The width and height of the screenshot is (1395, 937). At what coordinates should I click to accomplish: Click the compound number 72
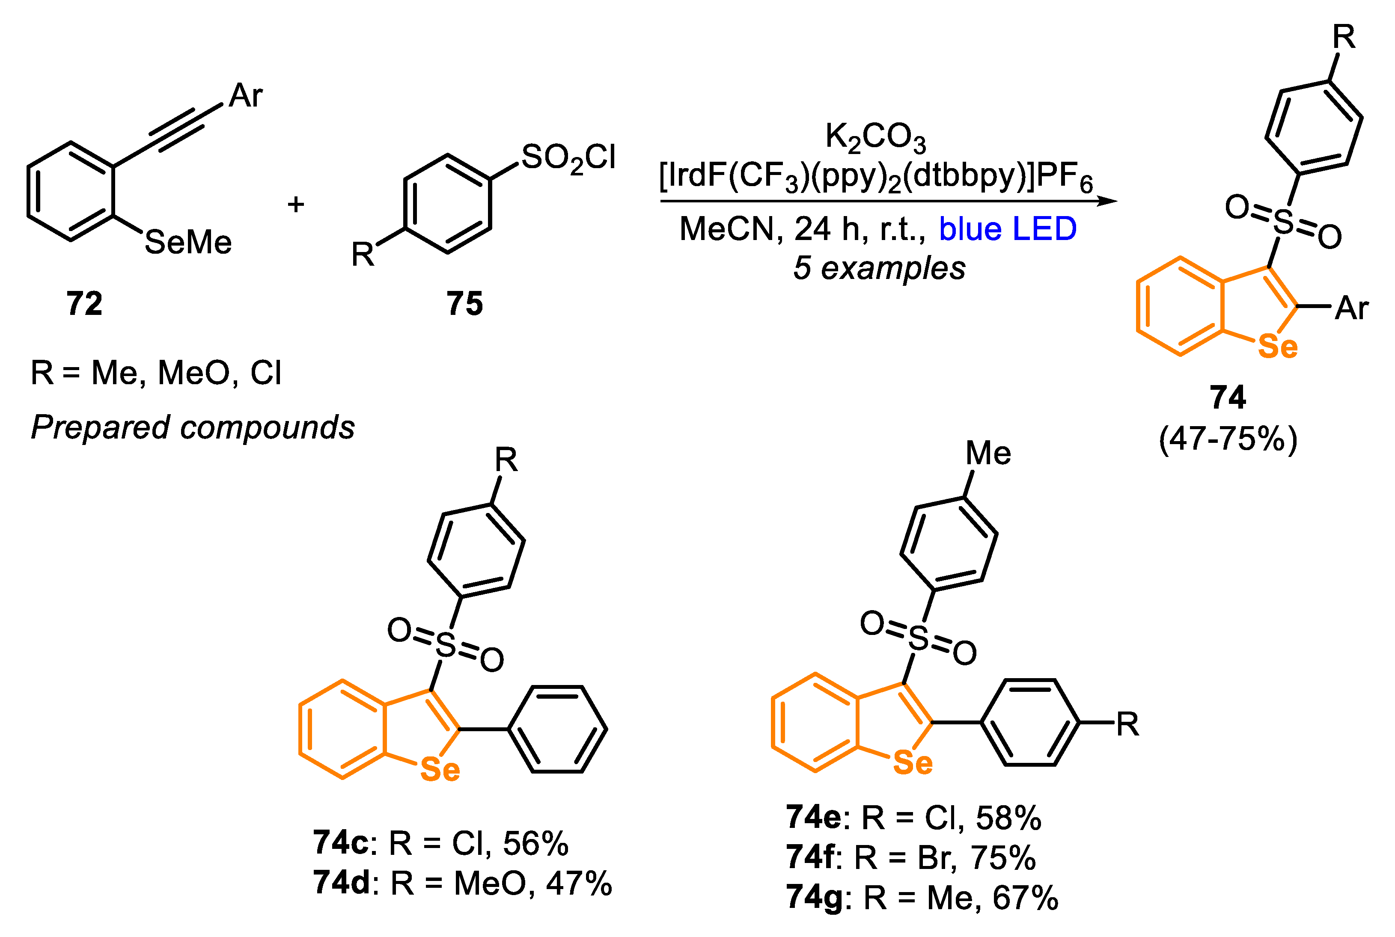coord(84,304)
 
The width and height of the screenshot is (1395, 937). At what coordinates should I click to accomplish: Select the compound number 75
coord(464,304)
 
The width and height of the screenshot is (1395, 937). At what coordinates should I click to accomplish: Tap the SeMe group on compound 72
coord(187,243)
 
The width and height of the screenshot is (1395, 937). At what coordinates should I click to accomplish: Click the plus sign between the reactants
coord(295,205)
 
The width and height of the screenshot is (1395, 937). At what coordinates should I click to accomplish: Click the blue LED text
coord(1007,229)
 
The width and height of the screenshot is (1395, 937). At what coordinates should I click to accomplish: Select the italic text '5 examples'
coord(879,268)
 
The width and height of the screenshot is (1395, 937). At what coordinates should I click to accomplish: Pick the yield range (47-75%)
coord(1228,439)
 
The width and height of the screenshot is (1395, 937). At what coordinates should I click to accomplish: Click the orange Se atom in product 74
coord(1277,347)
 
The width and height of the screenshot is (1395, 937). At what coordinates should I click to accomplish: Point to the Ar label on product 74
coord(1351,308)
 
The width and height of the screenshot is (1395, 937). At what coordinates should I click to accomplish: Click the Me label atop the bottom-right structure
coord(988,454)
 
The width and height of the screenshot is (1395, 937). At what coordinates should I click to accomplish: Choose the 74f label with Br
coord(810,857)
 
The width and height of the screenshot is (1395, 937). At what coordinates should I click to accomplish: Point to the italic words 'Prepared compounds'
coord(193,428)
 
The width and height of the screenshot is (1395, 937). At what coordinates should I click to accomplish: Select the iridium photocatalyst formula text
coord(876,177)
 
